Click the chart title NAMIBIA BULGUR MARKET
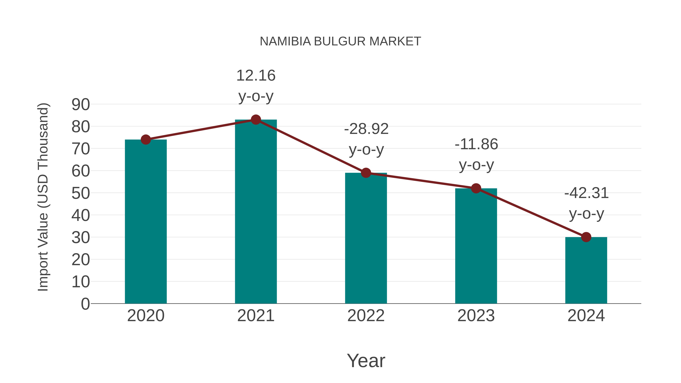tap(340, 41)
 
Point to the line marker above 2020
tap(146, 140)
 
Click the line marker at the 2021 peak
tap(256, 120)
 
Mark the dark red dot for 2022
tap(366, 173)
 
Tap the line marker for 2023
tap(476, 188)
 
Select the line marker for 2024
tap(586, 237)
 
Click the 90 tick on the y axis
tap(81, 105)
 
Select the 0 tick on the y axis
tap(85, 304)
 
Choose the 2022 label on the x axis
tap(366, 316)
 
